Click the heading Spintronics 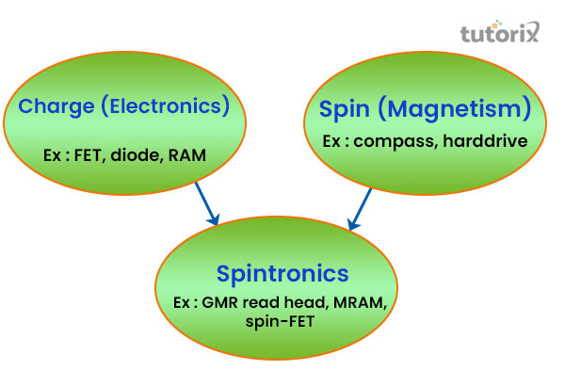pyautogui.click(x=282, y=274)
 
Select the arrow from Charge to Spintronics pyautogui.click(x=206, y=203)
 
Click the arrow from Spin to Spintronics pyautogui.click(x=360, y=209)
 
